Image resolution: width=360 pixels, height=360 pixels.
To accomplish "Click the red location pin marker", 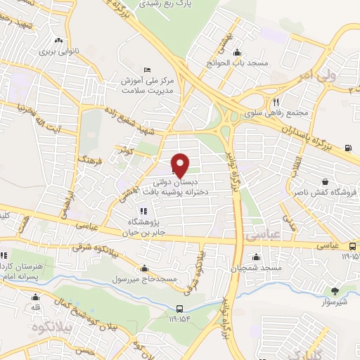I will pos(180,165).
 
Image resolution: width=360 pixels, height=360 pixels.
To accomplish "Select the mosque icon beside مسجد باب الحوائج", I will pos(237,52).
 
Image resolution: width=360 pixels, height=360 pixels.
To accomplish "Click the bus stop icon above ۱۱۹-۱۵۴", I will pos(181,309).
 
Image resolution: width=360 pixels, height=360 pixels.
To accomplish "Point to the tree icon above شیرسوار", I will pos(335,291).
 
